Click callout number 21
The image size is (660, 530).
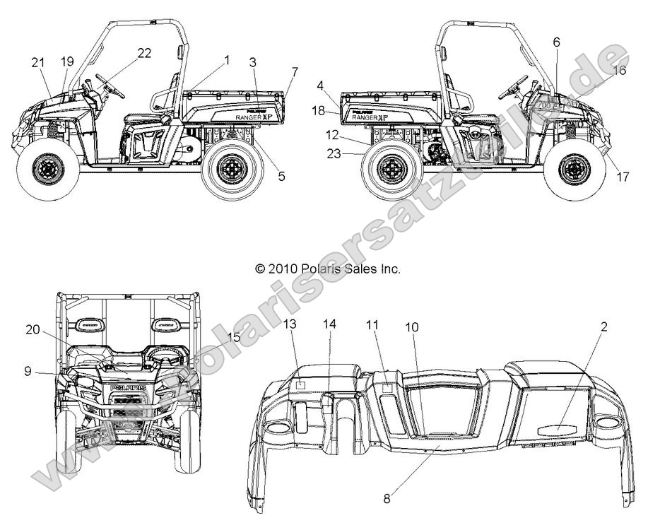pos(37,62)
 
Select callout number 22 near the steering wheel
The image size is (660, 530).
pos(144,54)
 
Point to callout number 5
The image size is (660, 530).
pos(281,177)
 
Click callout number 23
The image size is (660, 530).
pos(334,152)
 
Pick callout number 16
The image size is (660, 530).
pos(619,70)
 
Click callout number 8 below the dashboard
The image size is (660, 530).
pos(387,499)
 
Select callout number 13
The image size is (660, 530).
pos(290,324)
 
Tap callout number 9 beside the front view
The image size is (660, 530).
pos(28,370)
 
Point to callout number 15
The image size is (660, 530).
pos(234,338)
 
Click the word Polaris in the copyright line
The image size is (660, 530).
pos(304,269)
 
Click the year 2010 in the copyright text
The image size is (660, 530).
pos(280,269)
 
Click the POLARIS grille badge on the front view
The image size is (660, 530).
pos(128,388)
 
